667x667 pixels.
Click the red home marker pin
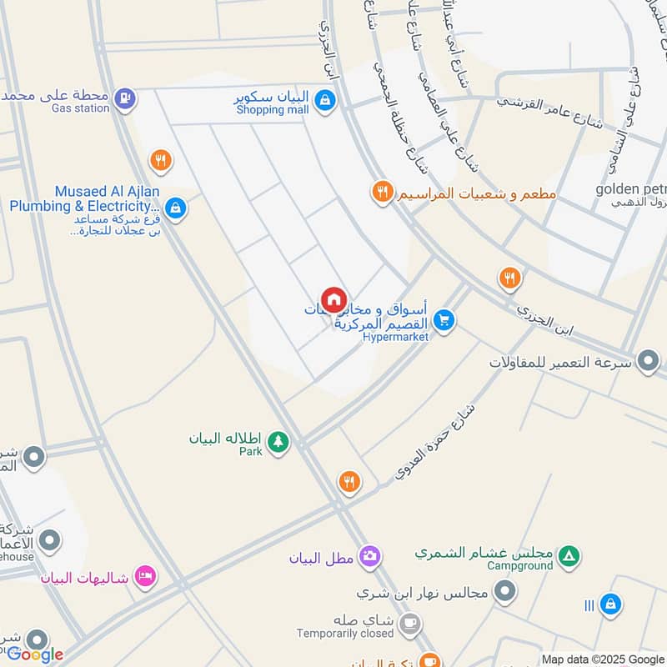pos(333,299)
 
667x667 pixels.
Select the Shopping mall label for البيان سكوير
pos(272,110)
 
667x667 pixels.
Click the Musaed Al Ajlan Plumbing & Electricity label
pos(83,199)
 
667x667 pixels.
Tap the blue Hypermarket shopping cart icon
pos(444,320)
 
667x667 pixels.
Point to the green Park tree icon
pos(278,443)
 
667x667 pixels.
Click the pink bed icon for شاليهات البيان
pos(146,576)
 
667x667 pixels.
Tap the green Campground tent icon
pos(569,554)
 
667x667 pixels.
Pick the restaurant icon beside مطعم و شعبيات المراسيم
pos(382,193)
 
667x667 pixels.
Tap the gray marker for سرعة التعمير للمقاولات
pos(647,361)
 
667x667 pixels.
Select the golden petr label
pos(630,188)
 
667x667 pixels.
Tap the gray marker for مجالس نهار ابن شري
pos(504,593)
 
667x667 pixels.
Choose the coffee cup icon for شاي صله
pos(409,623)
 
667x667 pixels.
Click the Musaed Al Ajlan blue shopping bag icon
pos(175,208)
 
